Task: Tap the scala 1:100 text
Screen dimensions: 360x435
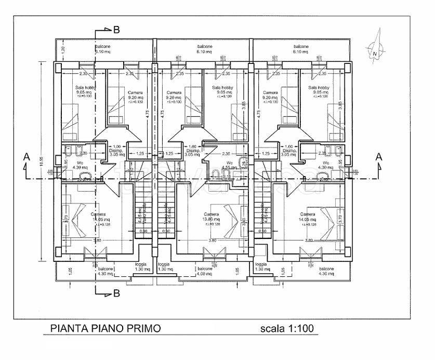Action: (286, 328)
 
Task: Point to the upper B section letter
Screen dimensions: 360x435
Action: (116, 30)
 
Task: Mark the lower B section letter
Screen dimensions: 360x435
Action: (116, 294)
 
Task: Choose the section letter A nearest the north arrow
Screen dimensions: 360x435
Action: (379, 156)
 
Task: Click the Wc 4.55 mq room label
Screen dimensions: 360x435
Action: (229, 165)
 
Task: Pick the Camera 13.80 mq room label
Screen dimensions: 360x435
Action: (211, 217)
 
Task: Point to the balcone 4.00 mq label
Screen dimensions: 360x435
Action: (205, 272)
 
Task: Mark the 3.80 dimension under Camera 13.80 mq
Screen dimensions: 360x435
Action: (212, 241)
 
